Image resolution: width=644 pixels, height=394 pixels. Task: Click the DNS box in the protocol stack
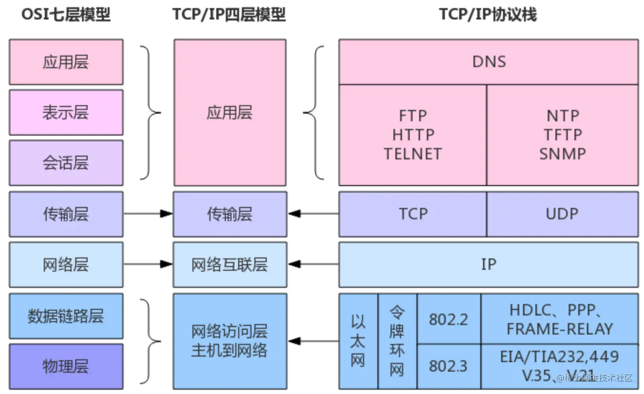point(489,62)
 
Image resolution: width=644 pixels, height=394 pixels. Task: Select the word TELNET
point(413,154)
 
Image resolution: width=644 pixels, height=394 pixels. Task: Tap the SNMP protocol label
point(563,154)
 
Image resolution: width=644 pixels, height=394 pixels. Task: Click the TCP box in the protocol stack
point(413,214)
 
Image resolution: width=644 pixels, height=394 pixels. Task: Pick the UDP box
point(562,214)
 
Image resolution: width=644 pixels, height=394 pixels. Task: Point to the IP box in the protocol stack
point(489,265)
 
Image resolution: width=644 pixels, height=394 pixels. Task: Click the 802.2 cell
point(449,319)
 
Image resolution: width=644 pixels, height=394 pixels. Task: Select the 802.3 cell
point(449,366)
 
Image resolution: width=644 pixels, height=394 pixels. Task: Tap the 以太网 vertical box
point(358,341)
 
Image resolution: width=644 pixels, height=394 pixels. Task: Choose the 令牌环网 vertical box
point(397,341)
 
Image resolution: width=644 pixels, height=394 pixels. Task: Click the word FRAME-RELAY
point(560,329)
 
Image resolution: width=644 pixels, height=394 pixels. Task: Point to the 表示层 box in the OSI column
point(66,113)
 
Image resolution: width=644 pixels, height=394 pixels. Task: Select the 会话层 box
point(66,163)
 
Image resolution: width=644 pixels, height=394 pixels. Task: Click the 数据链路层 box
point(66,316)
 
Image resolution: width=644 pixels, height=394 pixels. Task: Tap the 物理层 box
point(66,366)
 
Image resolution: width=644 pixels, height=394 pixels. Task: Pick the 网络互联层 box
point(230,265)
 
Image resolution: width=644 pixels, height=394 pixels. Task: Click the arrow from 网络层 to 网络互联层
point(148,265)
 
